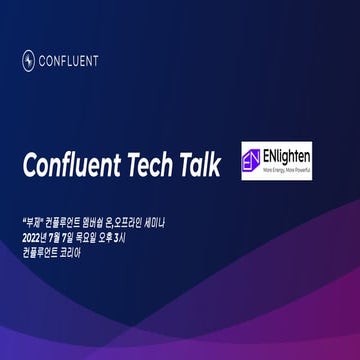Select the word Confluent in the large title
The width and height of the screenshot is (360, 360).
73,164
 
